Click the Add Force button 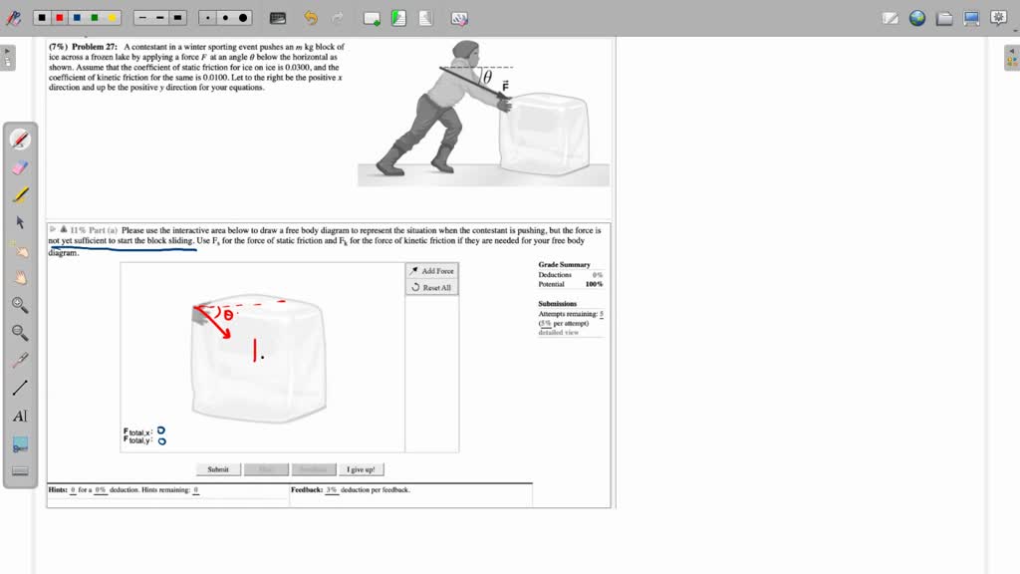tap(431, 271)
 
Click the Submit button tap(218, 469)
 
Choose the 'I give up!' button tap(361, 469)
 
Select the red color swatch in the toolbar tap(59, 18)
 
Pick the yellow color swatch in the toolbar tap(112, 18)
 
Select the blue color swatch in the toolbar tap(77, 18)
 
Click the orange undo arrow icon tap(311, 18)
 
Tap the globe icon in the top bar tap(917, 18)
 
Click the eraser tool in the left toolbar tap(20, 167)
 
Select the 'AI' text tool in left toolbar tap(20, 417)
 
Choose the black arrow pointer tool tap(20, 222)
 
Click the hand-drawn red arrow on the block tap(213, 323)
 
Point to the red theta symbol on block tap(228, 315)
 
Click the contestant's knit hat tap(464, 50)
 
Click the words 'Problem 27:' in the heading tap(96, 47)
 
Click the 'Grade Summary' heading tap(564, 265)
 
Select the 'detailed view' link tap(558, 332)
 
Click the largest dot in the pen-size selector tap(243, 18)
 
